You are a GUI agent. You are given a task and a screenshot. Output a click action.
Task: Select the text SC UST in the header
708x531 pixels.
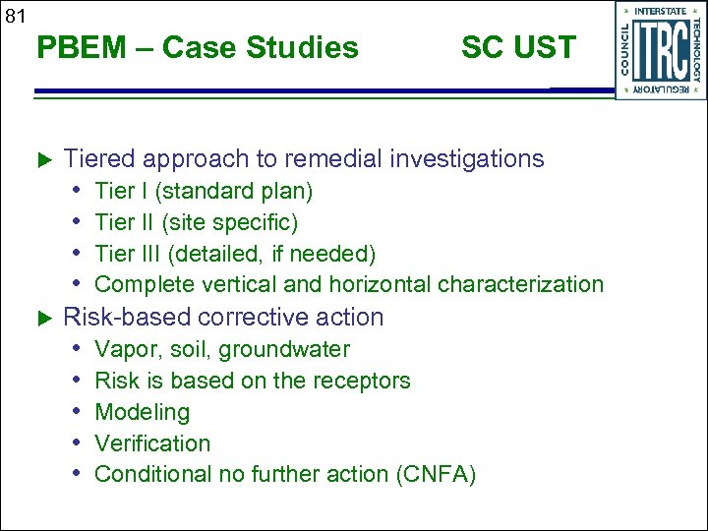[x=518, y=47]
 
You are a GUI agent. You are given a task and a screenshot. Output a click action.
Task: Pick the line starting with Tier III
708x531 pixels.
[x=235, y=254]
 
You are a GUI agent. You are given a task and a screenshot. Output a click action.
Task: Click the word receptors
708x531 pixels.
[x=365, y=381]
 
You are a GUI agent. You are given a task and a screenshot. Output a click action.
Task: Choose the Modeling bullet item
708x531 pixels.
[x=142, y=412]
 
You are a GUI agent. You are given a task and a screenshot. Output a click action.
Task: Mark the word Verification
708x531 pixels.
[x=152, y=443]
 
